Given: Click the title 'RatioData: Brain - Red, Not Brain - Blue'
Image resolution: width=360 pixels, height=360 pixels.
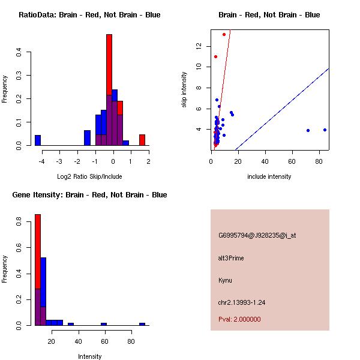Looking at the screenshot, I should click(x=89, y=14).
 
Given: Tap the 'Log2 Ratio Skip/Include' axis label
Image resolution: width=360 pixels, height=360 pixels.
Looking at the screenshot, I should click(x=89, y=176).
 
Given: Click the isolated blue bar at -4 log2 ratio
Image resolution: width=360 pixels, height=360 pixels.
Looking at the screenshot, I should click(x=38, y=140).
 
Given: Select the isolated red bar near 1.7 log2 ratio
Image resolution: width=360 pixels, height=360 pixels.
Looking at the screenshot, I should click(x=142, y=140).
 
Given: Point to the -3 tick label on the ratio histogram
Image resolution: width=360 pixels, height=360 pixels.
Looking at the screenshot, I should click(x=59, y=161).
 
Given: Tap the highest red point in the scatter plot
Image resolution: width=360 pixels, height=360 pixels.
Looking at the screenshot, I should click(x=224, y=34).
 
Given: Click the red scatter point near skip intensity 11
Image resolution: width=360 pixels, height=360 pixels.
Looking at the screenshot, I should click(x=215, y=56).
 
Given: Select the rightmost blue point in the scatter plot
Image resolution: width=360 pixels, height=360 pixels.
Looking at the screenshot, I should click(x=325, y=130).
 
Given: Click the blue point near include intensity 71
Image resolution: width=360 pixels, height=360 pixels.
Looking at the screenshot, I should click(x=308, y=130).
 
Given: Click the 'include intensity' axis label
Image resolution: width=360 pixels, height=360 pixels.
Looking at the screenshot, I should click(x=269, y=176).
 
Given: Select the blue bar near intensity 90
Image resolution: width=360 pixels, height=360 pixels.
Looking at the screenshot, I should click(x=142, y=324).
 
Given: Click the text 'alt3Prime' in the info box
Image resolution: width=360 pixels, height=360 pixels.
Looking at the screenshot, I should click(x=231, y=258).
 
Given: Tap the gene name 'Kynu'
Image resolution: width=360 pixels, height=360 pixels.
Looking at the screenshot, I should click(x=225, y=280).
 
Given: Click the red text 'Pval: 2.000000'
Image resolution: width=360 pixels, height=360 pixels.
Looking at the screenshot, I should click(x=239, y=319).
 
